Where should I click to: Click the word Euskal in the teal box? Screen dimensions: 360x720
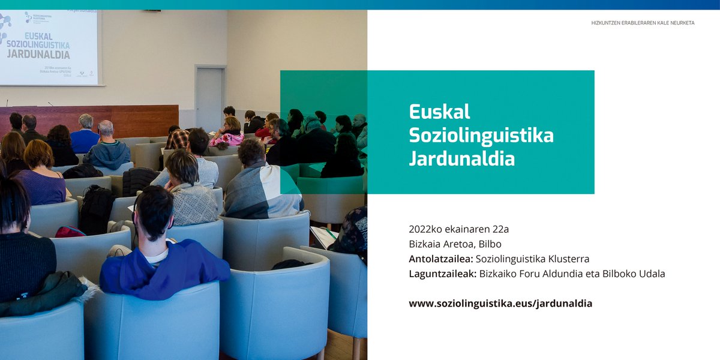pos(439,112)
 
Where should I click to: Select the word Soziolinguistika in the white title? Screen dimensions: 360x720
pos(481,136)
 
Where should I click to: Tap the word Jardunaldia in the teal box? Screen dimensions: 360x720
pos(461,160)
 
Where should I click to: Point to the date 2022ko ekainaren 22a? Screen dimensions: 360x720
pos(458,229)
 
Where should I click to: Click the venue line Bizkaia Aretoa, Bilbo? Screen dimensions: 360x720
pos(455,244)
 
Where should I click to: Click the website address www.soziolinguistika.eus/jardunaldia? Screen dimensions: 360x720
pos(500,304)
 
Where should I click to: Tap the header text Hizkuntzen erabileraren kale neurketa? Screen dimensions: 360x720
pos(643,23)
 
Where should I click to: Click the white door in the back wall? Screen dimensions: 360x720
pos(210,96)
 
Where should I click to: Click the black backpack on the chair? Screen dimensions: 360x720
pos(96,207)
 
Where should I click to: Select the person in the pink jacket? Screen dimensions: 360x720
pos(228,135)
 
